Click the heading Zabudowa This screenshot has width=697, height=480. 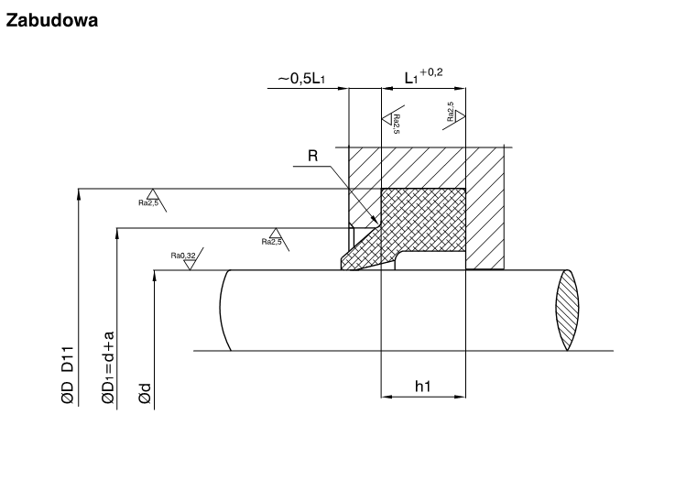click(x=51, y=20)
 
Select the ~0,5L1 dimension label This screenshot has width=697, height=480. click(x=301, y=79)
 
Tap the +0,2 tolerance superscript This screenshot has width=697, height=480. click(x=431, y=72)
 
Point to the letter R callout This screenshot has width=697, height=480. click(x=313, y=156)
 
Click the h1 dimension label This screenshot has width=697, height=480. click(x=423, y=387)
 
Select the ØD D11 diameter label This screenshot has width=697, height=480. click(x=68, y=375)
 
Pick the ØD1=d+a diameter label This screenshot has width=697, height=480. click(x=108, y=368)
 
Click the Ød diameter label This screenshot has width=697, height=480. click(x=145, y=394)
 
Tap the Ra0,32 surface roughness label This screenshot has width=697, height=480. click(x=183, y=256)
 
